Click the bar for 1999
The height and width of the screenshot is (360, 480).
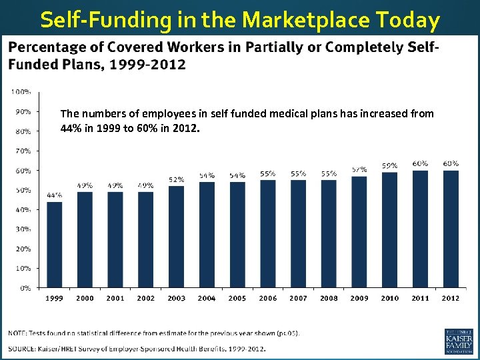click(x=54, y=245)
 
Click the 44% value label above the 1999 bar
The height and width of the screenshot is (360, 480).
click(x=54, y=195)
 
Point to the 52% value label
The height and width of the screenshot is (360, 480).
click(x=176, y=179)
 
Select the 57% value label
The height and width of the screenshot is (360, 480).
click(x=359, y=169)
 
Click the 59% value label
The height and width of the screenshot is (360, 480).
click(x=390, y=165)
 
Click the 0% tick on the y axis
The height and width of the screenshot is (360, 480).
click(x=24, y=288)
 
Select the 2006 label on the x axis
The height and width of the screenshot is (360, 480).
click(x=268, y=299)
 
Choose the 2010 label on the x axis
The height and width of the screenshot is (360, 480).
click(x=390, y=299)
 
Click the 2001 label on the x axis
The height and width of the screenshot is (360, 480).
click(x=115, y=299)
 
